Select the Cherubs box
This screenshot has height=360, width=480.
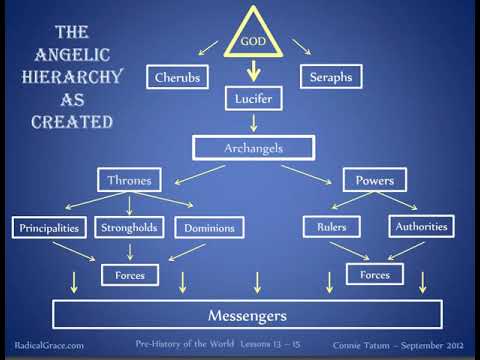click(x=177, y=77)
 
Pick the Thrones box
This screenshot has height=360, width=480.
click(x=131, y=181)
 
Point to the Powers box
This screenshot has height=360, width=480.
click(x=374, y=181)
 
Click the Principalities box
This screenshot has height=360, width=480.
click(x=49, y=227)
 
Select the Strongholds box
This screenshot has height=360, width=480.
click(x=129, y=227)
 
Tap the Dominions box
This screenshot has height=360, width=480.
click(x=209, y=228)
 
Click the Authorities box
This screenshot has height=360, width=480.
click(x=421, y=226)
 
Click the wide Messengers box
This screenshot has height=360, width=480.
click(x=246, y=316)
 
